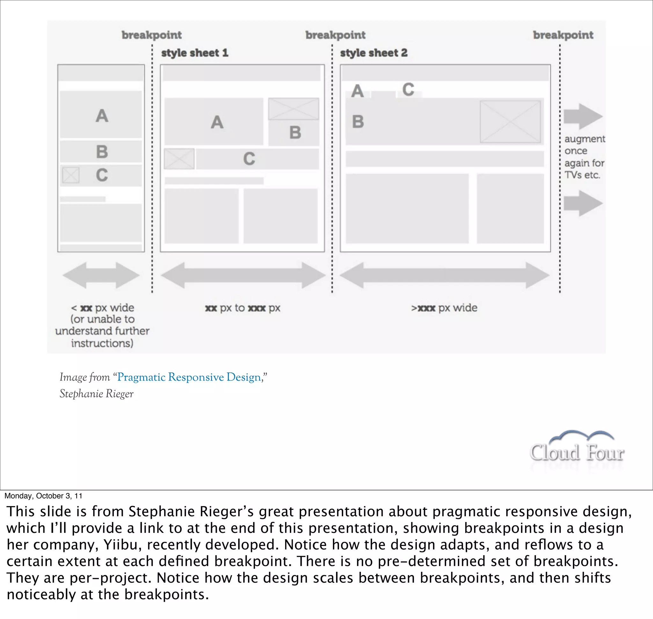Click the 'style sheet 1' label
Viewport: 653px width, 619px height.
pos(194,53)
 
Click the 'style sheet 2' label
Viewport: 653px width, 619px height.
pos(374,53)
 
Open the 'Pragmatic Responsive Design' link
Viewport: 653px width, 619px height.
pos(189,377)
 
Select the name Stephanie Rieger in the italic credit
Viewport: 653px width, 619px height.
pos(96,394)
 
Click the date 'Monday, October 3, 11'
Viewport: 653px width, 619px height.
pos(43,496)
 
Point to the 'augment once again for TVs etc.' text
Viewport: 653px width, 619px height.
pos(584,157)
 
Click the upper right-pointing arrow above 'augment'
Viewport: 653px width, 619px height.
pos(583,116)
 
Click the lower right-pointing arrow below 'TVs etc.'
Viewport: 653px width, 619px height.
pos(583,203)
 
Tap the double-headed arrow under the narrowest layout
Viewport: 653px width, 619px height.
pos(101,275)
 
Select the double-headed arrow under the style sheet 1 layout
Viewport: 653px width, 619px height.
pos(243,275)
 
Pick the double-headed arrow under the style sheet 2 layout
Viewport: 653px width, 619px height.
pos(444,275)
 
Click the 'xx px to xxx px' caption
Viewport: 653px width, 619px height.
pos(242,308)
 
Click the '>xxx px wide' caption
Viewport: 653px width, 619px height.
pos(444,308)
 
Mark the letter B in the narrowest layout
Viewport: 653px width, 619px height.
pos(102,152)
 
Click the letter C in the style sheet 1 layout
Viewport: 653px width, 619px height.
pos(249,159)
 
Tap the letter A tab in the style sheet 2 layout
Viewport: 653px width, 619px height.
pos(357,91)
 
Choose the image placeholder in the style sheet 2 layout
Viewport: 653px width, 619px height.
pos(510,122)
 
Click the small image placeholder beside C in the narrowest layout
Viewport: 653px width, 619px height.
pos(70,175)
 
